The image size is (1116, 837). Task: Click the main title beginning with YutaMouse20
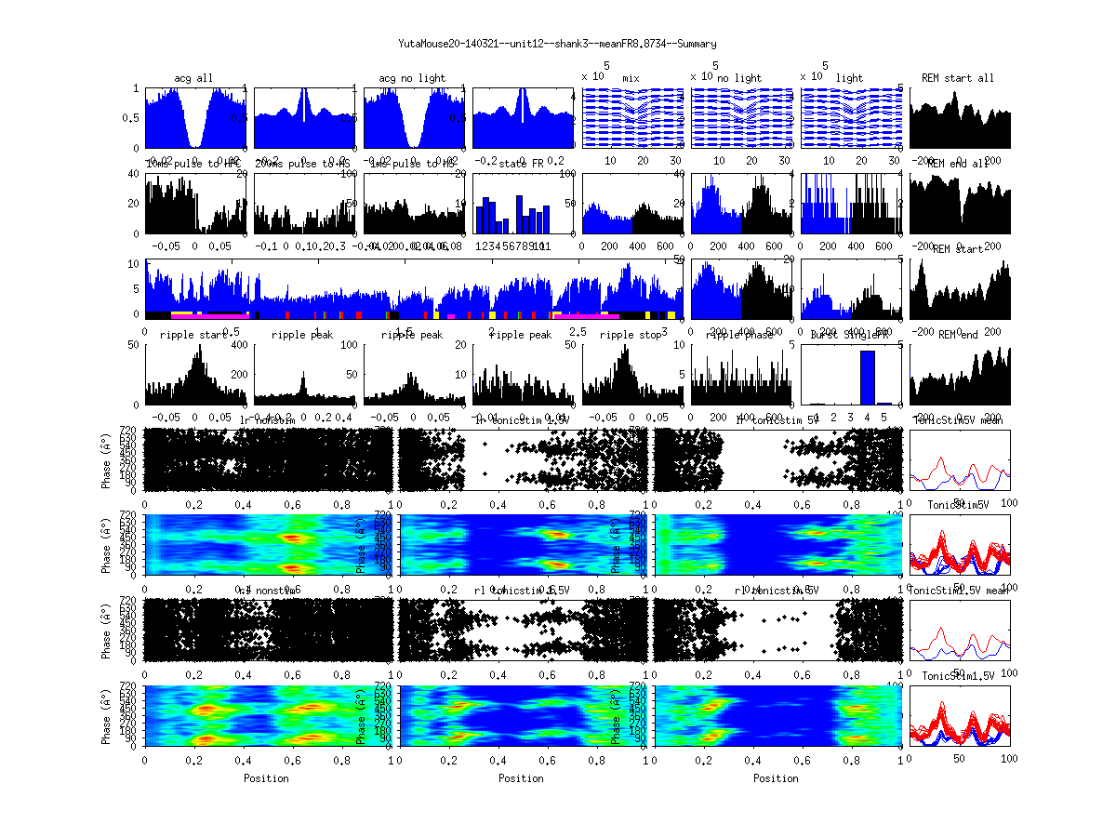tap(557, 44)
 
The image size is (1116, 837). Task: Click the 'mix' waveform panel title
tap(631, 78)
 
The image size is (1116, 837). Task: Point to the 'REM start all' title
tap(958, 77)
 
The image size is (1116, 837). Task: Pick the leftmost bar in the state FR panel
tap(480, 219)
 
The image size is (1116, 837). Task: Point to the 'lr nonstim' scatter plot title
tap(270, 420)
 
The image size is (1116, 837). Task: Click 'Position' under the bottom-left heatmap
tap(266, 778)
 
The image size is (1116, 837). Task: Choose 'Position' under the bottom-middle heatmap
tap(522, 778)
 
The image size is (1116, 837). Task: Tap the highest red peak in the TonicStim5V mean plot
tap(944, 459)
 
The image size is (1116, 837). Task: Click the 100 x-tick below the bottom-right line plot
tap(1008, 759)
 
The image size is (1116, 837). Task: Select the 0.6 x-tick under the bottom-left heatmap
tap(293, 759)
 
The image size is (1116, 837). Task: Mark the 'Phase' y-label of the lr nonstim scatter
tap(108, 458)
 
